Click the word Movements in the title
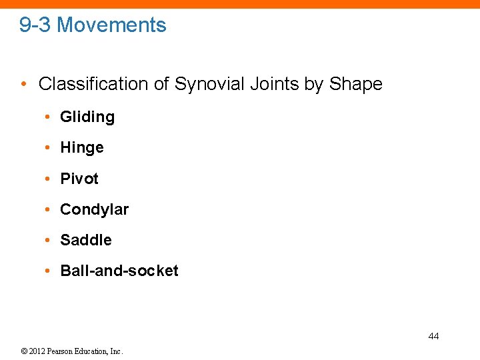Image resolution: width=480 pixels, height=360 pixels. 111,25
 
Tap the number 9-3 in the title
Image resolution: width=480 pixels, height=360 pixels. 35,25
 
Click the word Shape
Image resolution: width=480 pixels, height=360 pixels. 355,84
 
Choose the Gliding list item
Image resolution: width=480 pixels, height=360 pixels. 87,117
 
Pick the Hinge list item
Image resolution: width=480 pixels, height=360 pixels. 82,148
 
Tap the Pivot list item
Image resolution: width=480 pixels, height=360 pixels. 79,179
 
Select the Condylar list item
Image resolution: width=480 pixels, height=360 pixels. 94,209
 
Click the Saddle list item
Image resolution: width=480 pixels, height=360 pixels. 86,240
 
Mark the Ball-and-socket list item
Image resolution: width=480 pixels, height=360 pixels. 119,271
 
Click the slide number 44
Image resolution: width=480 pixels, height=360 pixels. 433,336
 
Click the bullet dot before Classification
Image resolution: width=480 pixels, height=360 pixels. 24,85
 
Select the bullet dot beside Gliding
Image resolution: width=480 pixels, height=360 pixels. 48,117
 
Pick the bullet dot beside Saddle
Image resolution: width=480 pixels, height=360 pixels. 48,240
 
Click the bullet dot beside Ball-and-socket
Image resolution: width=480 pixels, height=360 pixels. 48,271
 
